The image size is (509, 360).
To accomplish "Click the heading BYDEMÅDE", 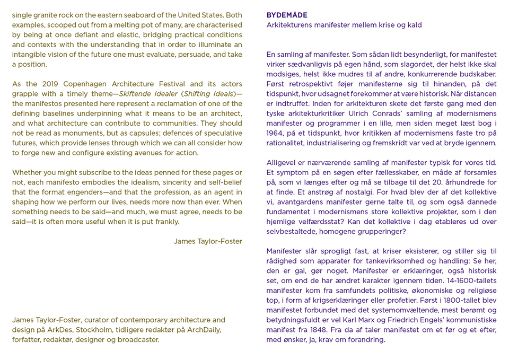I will pos(287,15).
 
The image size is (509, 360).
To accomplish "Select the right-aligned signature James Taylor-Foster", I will pos(208,241).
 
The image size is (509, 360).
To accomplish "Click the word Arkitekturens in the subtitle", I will pos(289,25).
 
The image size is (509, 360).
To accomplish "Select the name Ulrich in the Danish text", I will pos(366,113).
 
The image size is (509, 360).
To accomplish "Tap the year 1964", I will pos(276,133).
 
